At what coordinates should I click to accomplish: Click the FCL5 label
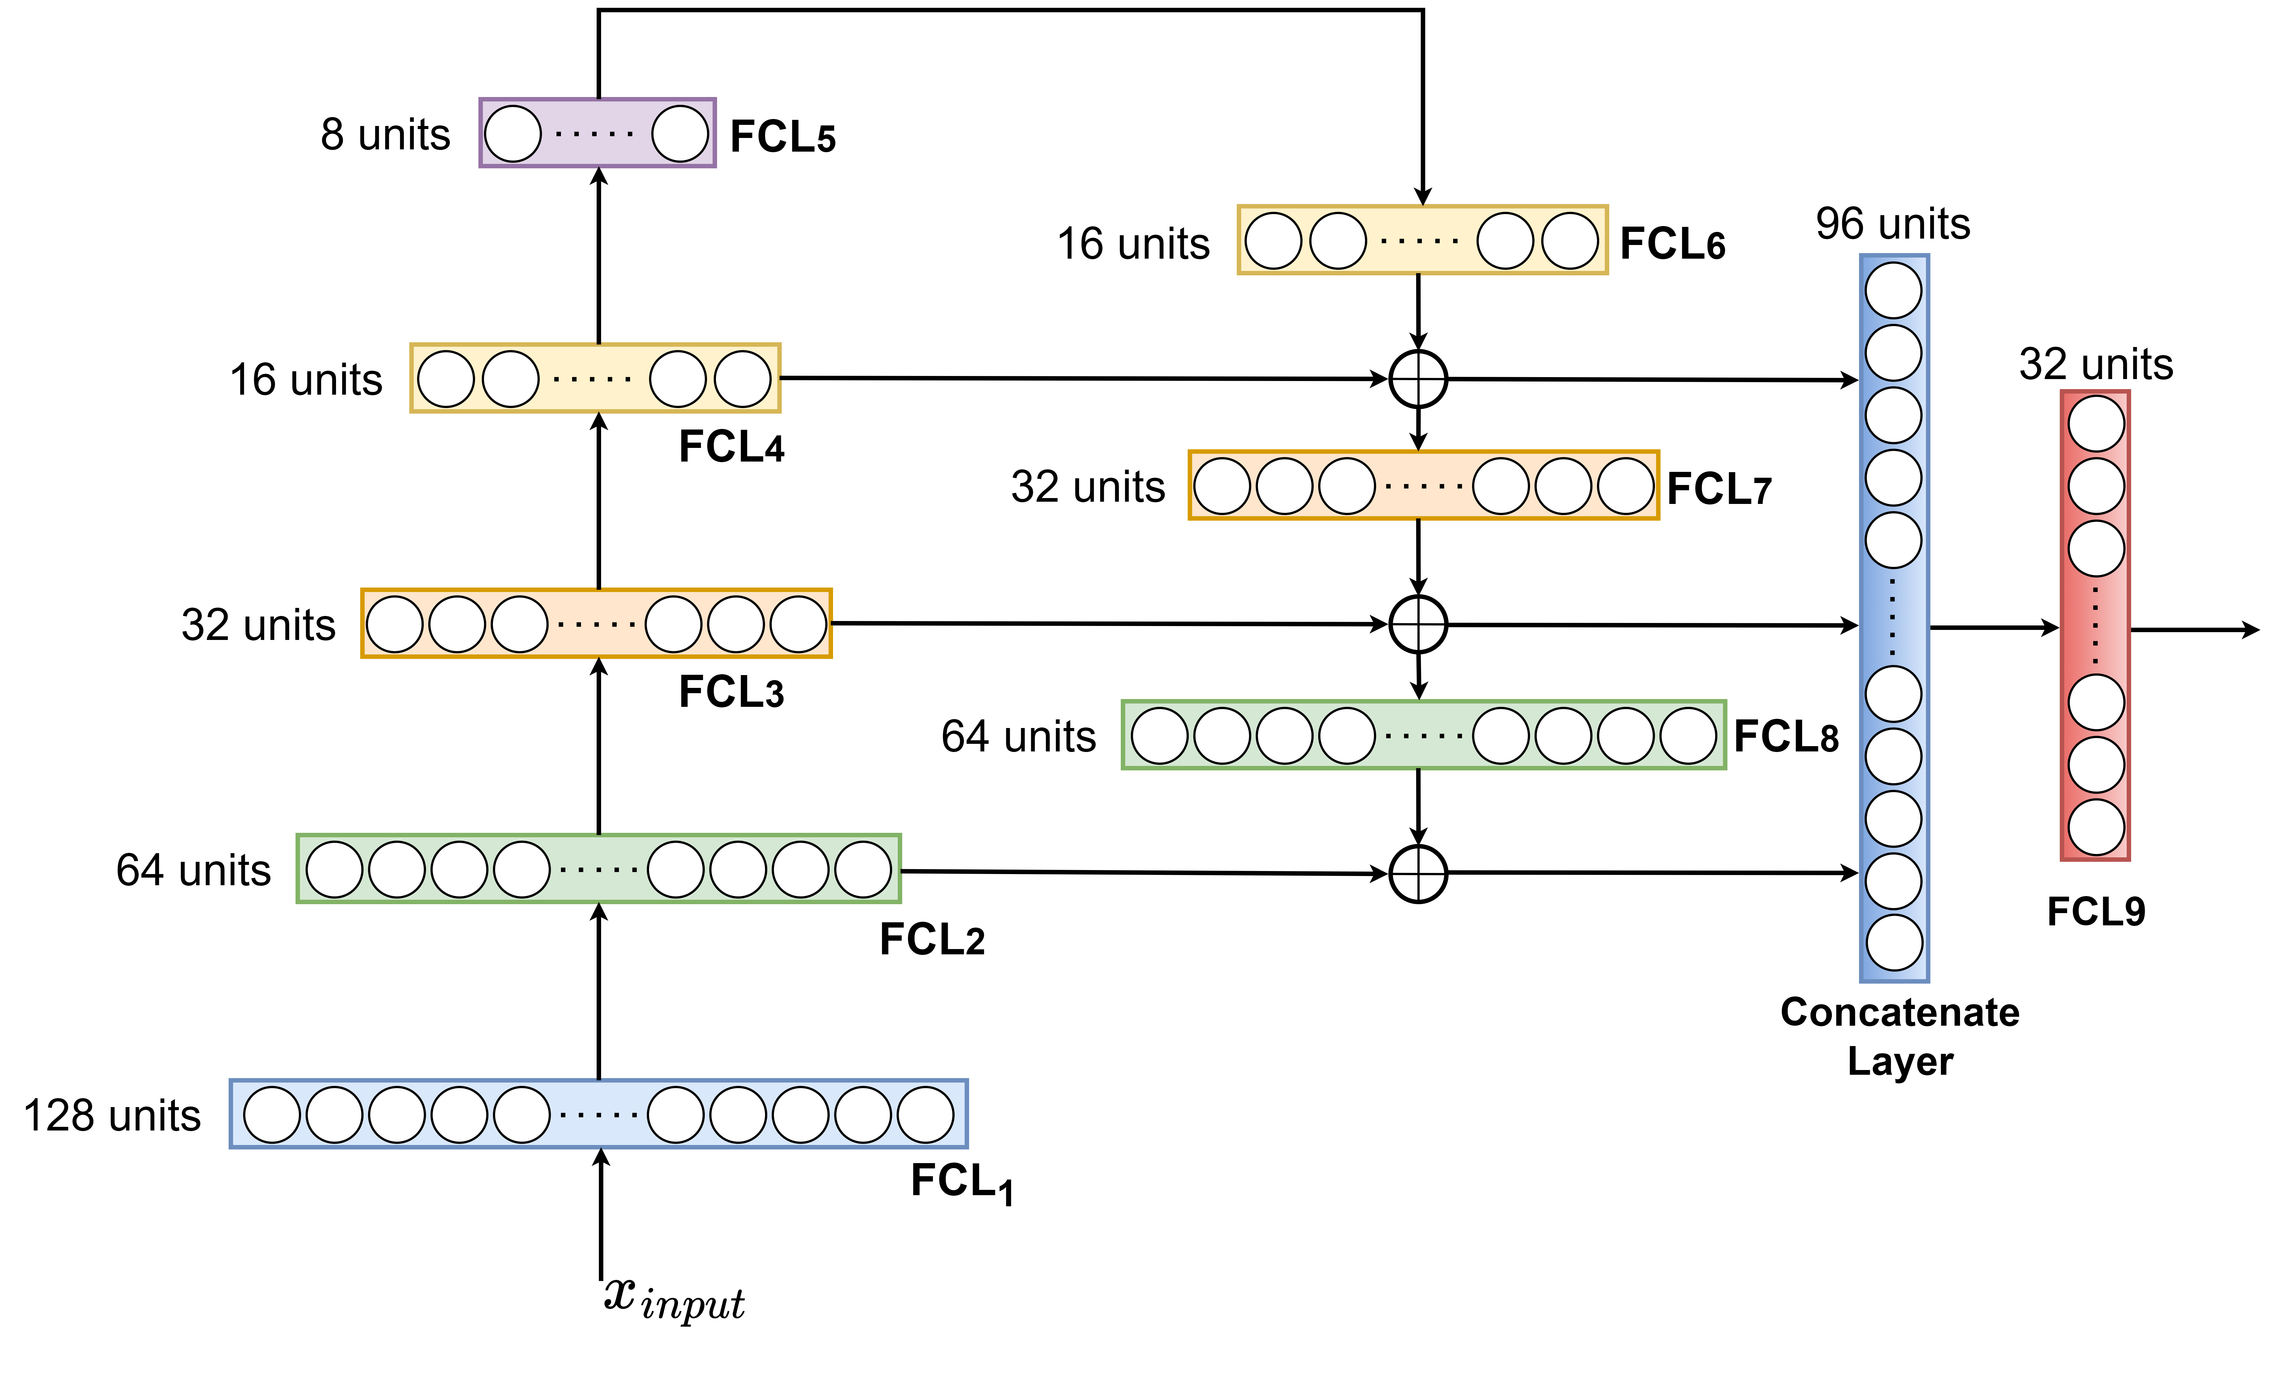click(782, 137)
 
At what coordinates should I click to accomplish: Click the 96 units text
click(1893, 223)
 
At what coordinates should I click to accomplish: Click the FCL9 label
click(2096, 912)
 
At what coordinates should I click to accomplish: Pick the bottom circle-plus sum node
click(1418, 873)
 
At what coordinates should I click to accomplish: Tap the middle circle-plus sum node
click(1418, 625)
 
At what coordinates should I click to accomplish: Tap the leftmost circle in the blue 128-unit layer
click(272, 1115)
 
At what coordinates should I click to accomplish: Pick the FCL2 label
click(931, 940)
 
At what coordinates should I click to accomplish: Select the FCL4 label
click(730, 448)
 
